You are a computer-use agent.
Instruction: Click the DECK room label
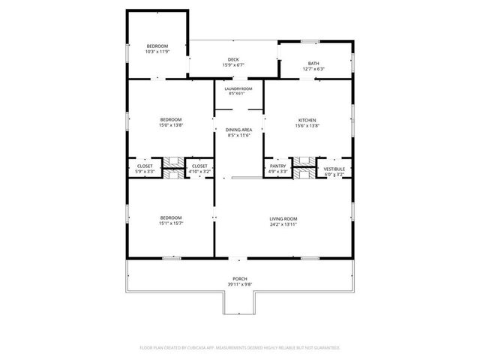coord(232,59)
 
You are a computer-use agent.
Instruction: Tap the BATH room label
coord(313,63)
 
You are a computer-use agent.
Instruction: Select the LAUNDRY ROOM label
coord(238,88)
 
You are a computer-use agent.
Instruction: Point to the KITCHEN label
coord(307,120)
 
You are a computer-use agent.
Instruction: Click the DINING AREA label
coord(238,130)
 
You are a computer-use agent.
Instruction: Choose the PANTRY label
coord(278,166)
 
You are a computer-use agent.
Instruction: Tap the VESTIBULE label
coord(334,169)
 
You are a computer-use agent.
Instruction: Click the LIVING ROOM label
coord(284,218)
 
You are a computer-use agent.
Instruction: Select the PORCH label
coord(240,279)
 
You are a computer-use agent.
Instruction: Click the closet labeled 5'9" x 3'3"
coord(145,172)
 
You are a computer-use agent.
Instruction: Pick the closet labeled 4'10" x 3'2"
coord(199,172)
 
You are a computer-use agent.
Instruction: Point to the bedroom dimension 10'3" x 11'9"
coord(157,52)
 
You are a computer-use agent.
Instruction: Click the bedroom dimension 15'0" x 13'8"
coord(170,125)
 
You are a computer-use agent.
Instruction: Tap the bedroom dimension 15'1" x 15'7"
coord(171,223)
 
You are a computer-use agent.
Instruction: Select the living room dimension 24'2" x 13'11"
coord(284,223)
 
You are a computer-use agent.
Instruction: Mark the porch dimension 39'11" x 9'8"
coord(240,284)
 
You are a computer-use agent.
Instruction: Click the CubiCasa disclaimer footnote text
coord(240,348)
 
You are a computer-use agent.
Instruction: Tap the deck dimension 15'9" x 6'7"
coord(232,65)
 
